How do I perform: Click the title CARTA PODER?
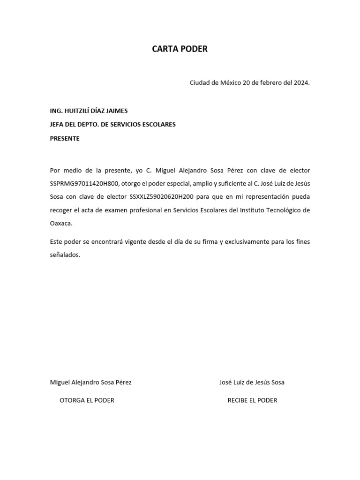pos(180,49)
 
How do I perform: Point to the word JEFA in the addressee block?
pos(58,125)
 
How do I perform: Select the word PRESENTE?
pos(65,139)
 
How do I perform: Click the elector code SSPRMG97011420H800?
pos(85,183)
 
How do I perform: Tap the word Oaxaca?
pos(61,224)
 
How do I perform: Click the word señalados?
pos(65,255)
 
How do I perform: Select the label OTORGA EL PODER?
pos(87,400)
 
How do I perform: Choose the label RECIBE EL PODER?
pos(252,400)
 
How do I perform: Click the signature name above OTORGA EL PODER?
pos(90,382)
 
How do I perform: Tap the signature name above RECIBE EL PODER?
pos(252,382)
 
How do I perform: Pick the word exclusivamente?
pos(247,242)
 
